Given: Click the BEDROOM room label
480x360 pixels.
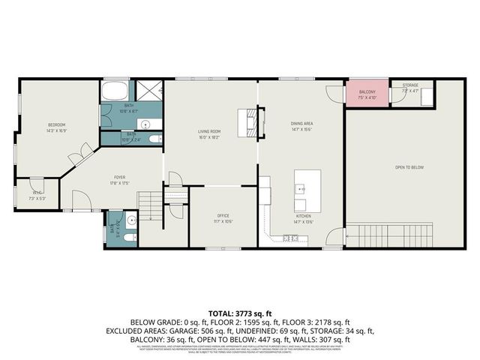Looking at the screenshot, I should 58,124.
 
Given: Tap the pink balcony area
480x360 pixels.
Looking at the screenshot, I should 367,95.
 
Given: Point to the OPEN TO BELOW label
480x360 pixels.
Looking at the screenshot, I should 410,166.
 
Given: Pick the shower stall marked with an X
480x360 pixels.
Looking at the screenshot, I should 151,92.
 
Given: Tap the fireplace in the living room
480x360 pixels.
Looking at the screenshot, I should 247,121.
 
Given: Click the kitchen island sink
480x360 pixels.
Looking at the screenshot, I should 300,188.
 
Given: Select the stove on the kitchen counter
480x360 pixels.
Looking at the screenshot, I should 286,238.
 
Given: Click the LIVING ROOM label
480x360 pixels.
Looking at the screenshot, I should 208,131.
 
